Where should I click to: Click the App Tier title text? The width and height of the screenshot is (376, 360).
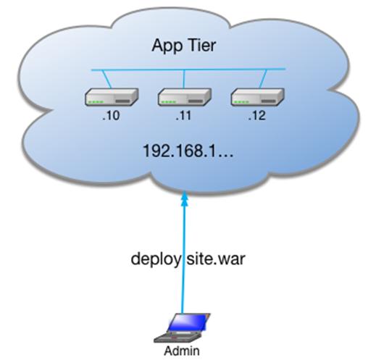(x=184, y=46)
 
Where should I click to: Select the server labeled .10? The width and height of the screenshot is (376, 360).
(x=112, y=97)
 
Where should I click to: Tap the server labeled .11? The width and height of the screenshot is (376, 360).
(x=185, y=97)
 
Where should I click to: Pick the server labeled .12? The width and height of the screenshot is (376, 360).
(x=257, y=97)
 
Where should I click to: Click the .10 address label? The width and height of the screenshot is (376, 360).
(x=111, y=116)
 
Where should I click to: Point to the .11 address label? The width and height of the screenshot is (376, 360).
(x=183, y=116)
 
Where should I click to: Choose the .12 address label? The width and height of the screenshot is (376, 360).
(x=257, y=116)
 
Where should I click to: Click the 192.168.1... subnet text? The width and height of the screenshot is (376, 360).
(x=188, y=151)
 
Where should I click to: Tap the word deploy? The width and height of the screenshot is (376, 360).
(x=156, y=259)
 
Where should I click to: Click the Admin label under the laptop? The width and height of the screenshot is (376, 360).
(x=182, y=351)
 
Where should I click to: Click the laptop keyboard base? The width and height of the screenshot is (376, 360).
(x=177, y=337)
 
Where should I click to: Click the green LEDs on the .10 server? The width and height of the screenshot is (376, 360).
(x=96, y=102)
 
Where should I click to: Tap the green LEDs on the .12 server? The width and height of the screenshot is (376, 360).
(x=242, y=102)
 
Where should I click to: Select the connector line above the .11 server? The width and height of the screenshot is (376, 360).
(x=184, y=79)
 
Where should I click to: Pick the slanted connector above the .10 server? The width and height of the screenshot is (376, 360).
(x=106, y=79)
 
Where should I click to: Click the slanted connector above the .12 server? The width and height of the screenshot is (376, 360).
(x=263, y=79)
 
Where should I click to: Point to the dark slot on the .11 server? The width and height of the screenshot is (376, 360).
(x=196, y=101)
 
